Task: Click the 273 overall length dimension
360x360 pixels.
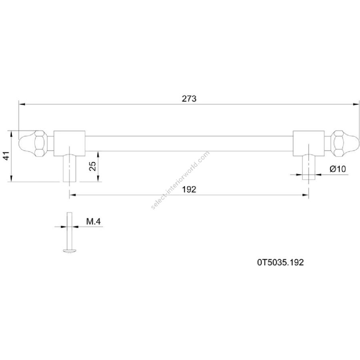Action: tap(189, 99)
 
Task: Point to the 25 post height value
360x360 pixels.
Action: tap(92, 166)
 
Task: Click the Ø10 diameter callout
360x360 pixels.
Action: tap(338, 169)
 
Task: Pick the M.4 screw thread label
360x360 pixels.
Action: tap(93, 221)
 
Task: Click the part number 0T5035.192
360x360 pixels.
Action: tap(280, 262)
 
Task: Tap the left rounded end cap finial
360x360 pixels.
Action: tap(27, 144)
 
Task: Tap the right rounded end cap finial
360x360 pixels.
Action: tap(350, 144)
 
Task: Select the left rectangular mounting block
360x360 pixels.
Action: tap(69, 144)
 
